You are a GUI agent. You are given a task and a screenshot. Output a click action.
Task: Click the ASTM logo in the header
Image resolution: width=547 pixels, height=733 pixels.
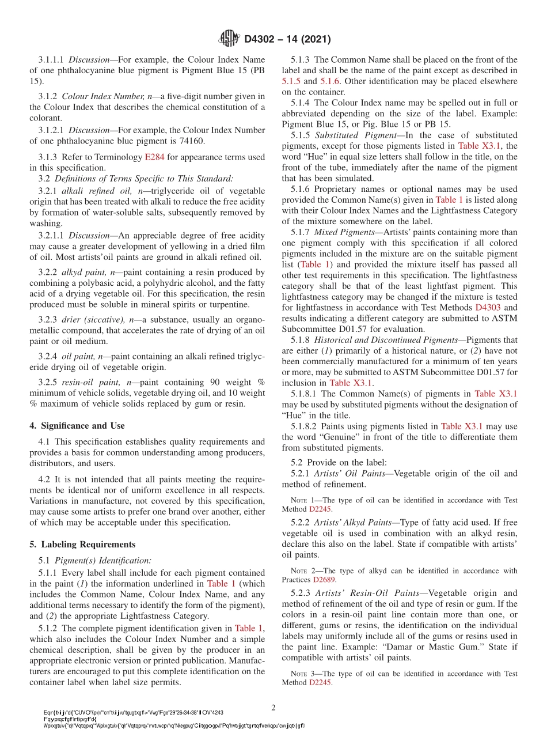tap(229, 39)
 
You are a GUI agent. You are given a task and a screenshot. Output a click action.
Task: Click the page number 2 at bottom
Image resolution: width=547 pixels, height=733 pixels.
tap(273, 707)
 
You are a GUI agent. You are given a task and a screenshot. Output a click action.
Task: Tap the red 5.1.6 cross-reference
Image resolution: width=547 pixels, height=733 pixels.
tap(330, 81)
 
